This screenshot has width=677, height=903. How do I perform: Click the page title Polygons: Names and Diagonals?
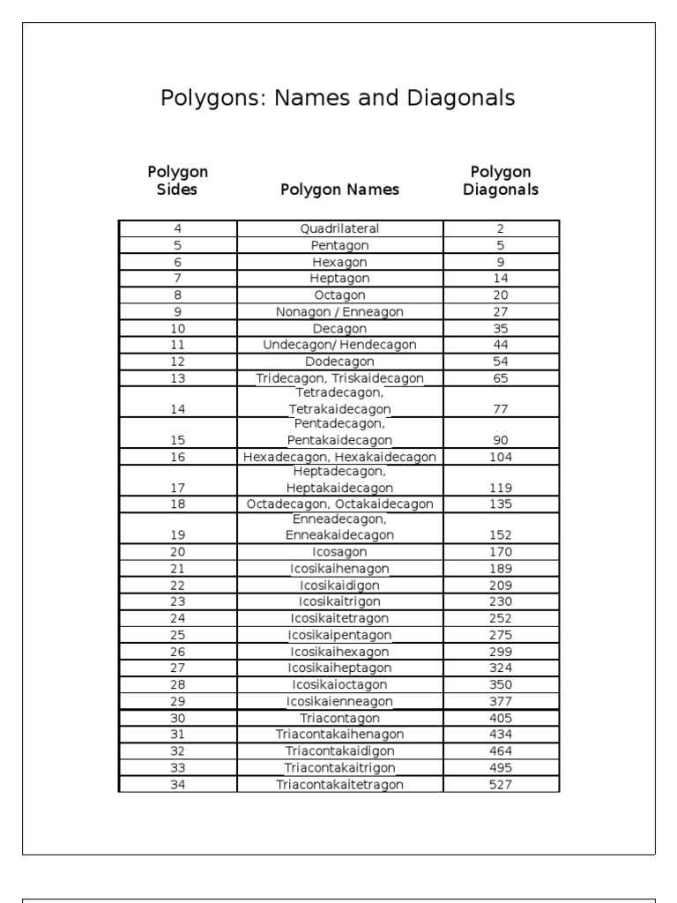click(338, 98)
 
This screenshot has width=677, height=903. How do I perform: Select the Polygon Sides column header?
click(177, 180)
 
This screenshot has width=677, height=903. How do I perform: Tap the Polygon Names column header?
click(339, 190)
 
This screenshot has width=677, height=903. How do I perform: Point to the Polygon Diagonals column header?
click(501, 180)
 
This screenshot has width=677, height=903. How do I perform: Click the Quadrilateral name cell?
click(339, 228)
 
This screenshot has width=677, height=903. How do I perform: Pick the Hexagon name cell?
click(339, 262)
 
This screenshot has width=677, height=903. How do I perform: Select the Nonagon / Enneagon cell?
click(339, 311)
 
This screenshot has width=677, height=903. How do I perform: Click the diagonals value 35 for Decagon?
click(501, 328)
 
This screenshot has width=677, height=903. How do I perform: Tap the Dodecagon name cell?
click(339, 362)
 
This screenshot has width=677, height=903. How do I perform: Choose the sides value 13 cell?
click(177, 378)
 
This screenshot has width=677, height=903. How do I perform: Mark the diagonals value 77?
click(501, 409)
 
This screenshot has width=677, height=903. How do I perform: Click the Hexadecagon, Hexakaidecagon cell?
click(339, 457)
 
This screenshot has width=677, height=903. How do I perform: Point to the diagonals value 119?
click(501, 487)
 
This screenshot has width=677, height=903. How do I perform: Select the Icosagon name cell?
click(339, 552)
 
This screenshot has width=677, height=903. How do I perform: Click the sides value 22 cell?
click(177, 585)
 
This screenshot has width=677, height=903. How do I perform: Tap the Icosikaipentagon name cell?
click(339, 635)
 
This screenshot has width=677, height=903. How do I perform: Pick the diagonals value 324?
click(501, 668)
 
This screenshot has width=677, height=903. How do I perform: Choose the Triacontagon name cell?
click(339, 718)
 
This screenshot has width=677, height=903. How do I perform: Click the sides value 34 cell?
click(177, 784)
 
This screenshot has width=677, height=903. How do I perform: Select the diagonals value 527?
click(501, 784)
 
